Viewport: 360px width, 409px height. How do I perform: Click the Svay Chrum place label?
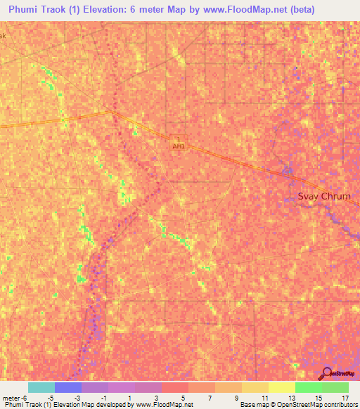tap(324, 197)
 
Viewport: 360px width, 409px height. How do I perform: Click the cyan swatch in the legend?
tap(41, 387)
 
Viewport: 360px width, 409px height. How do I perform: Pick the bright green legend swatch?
tap(308, 387)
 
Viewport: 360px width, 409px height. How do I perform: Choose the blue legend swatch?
tap(67, 387)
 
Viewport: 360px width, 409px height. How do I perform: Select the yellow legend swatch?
tap(281, 387)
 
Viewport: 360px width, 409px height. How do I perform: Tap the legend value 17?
tap(344, 398)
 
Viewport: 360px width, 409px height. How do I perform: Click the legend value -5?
tap(50, 398)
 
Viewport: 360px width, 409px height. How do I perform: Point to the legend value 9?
tap(237, 398)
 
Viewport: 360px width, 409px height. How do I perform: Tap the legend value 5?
tap(184, 398)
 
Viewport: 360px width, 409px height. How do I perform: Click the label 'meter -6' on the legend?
tap(13, 398)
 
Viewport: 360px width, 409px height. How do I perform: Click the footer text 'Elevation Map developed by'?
tap(91, 405)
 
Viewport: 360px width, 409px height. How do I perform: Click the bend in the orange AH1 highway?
tap(111, 112)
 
